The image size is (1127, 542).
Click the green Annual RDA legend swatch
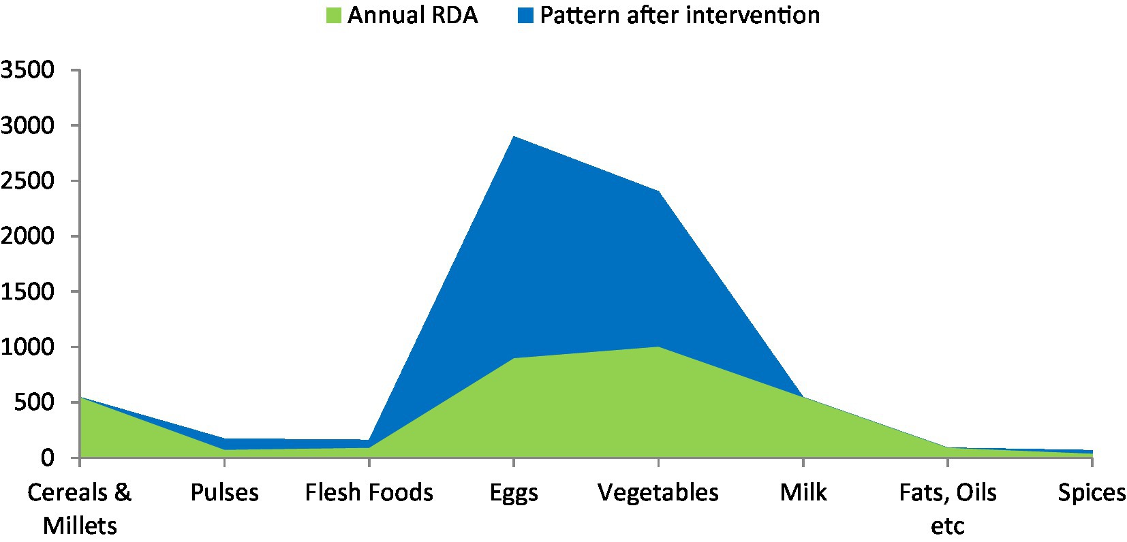tap(334, 16)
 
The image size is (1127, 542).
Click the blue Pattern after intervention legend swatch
tap(525, 16)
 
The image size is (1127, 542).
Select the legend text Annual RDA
tap(412, 16)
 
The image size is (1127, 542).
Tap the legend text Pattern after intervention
tap(680, 16)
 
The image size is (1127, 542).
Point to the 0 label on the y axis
tap(48, 458)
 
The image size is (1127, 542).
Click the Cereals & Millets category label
tap(80, 509)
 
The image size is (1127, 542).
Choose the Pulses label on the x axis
tap(224, 493)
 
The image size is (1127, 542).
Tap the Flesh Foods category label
tap(369, 493)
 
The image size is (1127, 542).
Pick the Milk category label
tap(803, 493)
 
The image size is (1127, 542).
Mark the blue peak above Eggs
tap(514, 136)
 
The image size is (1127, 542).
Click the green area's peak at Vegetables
tap(658, 347)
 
